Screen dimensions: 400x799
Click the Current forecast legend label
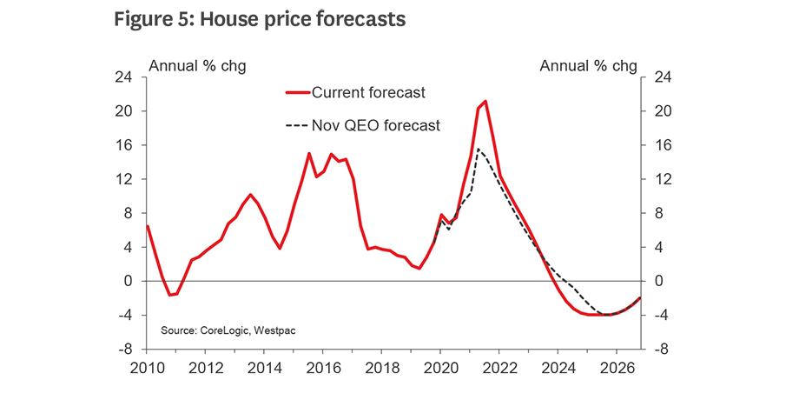pos(367,92)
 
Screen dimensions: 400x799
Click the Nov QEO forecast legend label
pos(375,125)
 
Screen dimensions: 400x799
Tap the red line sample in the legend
pos(297,92)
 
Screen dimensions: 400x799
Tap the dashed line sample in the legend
pos(297,125)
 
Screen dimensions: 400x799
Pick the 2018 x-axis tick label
pos(381,366)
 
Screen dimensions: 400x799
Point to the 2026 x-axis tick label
pos(616,366)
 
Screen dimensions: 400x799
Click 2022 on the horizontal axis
pos(499,366)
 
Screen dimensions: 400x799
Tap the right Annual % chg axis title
pos(589,66)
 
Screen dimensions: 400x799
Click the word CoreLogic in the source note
pos(225,330)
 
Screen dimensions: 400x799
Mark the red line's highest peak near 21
pos(485,101)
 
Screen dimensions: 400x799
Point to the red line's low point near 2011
pos(170,296)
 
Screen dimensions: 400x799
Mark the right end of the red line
pos(640,298)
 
